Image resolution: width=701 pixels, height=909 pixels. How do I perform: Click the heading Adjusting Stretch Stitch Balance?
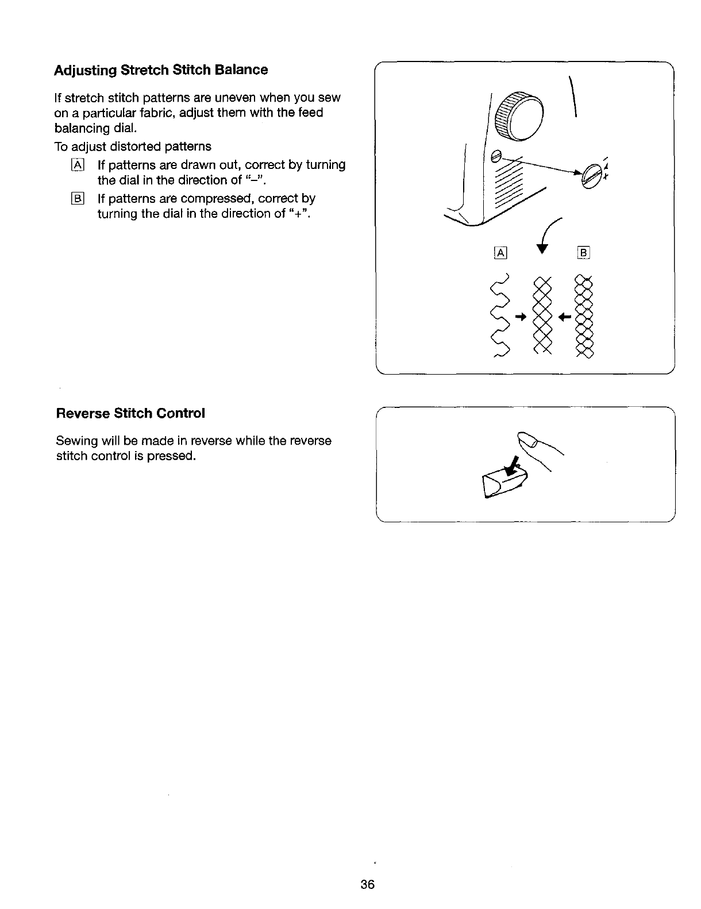coord(161,70)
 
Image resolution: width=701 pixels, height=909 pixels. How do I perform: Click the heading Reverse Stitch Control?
coord(130,414)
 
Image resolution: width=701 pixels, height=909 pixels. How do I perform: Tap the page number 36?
coord(368,884)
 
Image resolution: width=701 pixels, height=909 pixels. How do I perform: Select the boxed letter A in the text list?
coord(78,165)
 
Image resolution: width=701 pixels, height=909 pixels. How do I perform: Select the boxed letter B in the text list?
coord(78,199)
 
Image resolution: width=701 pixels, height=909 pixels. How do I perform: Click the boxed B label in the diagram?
coord(584,253)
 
